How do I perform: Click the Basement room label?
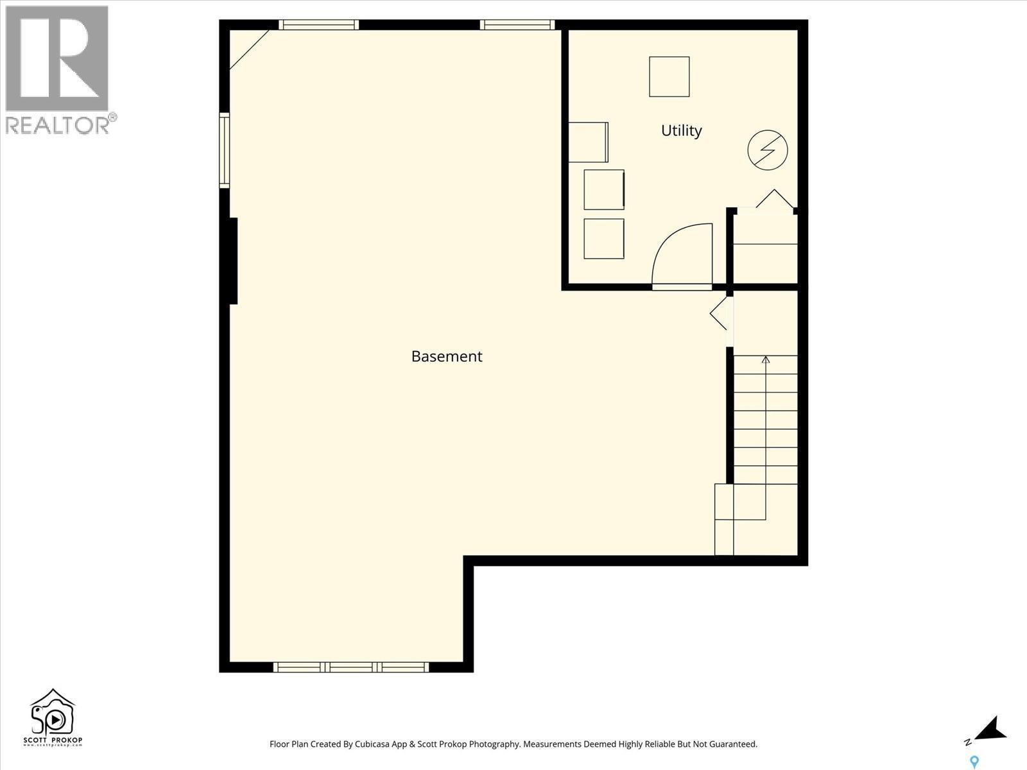point(446,356)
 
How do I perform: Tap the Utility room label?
point(681,130)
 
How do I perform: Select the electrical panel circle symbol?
point(768,150)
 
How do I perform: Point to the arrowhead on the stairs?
point(765,360)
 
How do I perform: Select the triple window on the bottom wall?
point(351,667)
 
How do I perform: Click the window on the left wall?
point(225,150)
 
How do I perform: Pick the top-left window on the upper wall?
point(318,25)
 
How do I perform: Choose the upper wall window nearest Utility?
point(517,25)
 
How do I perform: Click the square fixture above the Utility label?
point(669,76)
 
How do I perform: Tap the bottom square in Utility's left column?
point(604,239)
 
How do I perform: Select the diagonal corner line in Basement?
point(249,49)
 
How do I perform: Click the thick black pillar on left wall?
point(233,261)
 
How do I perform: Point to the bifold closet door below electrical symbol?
point(774,198)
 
